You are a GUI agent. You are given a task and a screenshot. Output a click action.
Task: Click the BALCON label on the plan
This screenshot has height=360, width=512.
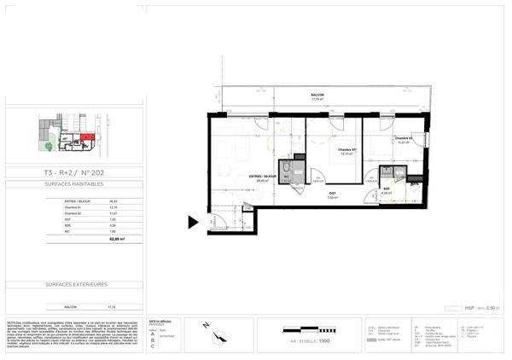[x=317, y=96]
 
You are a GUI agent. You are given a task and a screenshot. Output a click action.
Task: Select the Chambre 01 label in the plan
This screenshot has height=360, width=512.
[x=346, y=150]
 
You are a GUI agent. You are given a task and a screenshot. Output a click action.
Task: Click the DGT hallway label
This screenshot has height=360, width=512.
[x=332, y=194]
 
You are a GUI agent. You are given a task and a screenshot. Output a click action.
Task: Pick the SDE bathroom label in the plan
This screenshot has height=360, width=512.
[x=386, y=189]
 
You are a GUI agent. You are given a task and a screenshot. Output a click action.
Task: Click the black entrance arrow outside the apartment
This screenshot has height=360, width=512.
[x=193, y=223]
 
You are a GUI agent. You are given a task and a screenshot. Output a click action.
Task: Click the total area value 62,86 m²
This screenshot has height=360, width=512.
[x=111, y=240]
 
